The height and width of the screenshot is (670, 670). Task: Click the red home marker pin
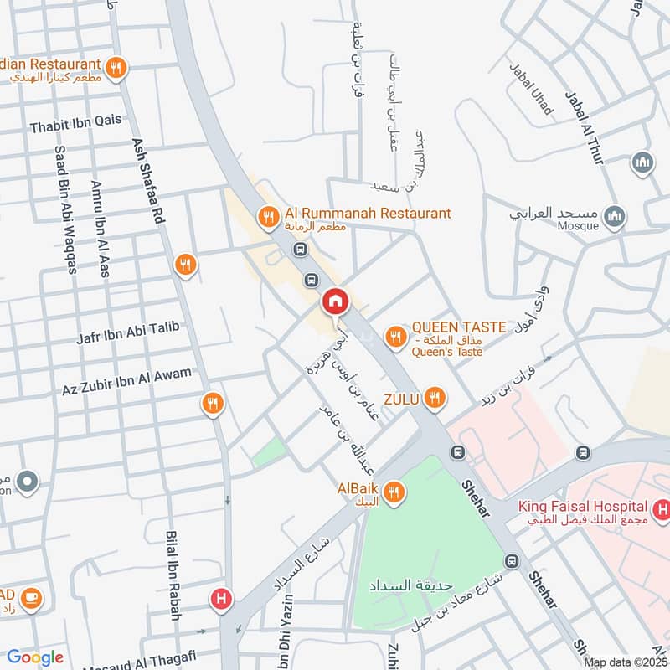click(x=335, y=302)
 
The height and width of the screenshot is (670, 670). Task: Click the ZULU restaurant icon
click(x=433, y=398)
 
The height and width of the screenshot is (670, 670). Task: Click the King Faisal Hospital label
click(x=583, y=507)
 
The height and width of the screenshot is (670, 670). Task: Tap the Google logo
click(x=34, y=657)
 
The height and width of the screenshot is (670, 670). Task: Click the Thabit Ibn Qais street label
click(x=75, y=127)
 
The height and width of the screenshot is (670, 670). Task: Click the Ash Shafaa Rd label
click(x=147, y=181)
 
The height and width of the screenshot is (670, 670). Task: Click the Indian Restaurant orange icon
click(x=116, y=66)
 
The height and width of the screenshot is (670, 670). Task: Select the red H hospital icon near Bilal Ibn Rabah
click(x=221, y=599)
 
